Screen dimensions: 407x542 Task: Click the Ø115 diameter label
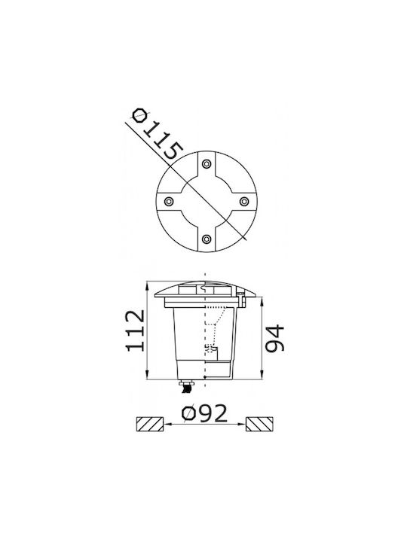pyautogui.click(x=158, y=134)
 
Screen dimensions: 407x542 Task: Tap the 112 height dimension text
pyautogui.click(x=135, y=330)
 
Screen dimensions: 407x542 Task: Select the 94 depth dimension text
pyautogui.click(x=275, y=339)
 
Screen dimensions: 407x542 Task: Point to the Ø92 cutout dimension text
pyautogui.click(x=205, y=413)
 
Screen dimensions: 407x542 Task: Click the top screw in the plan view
pyautogui.click(x=207, y=164)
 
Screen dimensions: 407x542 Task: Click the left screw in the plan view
pyautogui.click(x=169, y=201)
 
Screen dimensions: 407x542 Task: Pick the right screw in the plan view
pyautogui.click(x=244, y=201)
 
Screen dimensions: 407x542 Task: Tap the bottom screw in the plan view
pyautogui.click(x=207, y=239)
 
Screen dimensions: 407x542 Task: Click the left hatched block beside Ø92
pyautogui.click(x=150, y=424)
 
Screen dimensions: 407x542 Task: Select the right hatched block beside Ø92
pyautogui.click(x=259, y=424)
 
